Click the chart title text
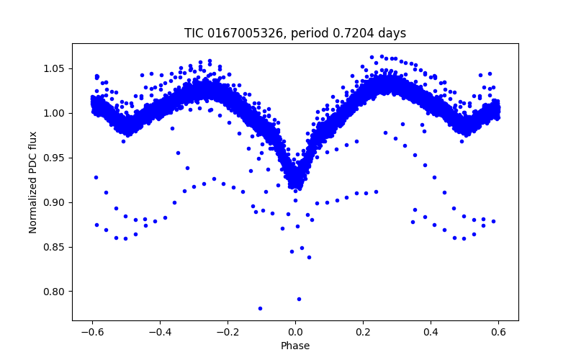point(295,34)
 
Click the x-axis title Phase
point(295,346)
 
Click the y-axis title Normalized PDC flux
point(33,181)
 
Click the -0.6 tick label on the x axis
point(92,331)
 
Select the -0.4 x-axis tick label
point(160,331)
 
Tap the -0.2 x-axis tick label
point(228,331)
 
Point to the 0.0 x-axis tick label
point(295,331)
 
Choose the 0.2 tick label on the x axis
point(363,331)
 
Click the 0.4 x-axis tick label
point(431,331)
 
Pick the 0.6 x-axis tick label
point(498,331)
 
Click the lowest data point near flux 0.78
point(260,308)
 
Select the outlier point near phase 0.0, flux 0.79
point(299,299)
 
